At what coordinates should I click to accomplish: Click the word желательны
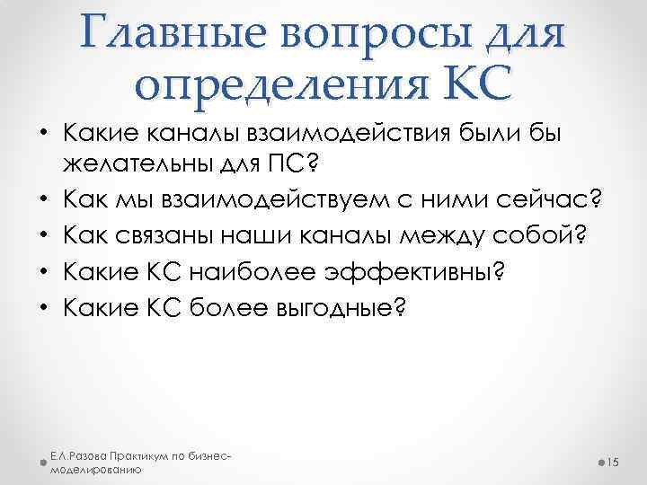pos(143,164)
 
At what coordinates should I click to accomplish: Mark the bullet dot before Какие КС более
pos(44,310)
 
